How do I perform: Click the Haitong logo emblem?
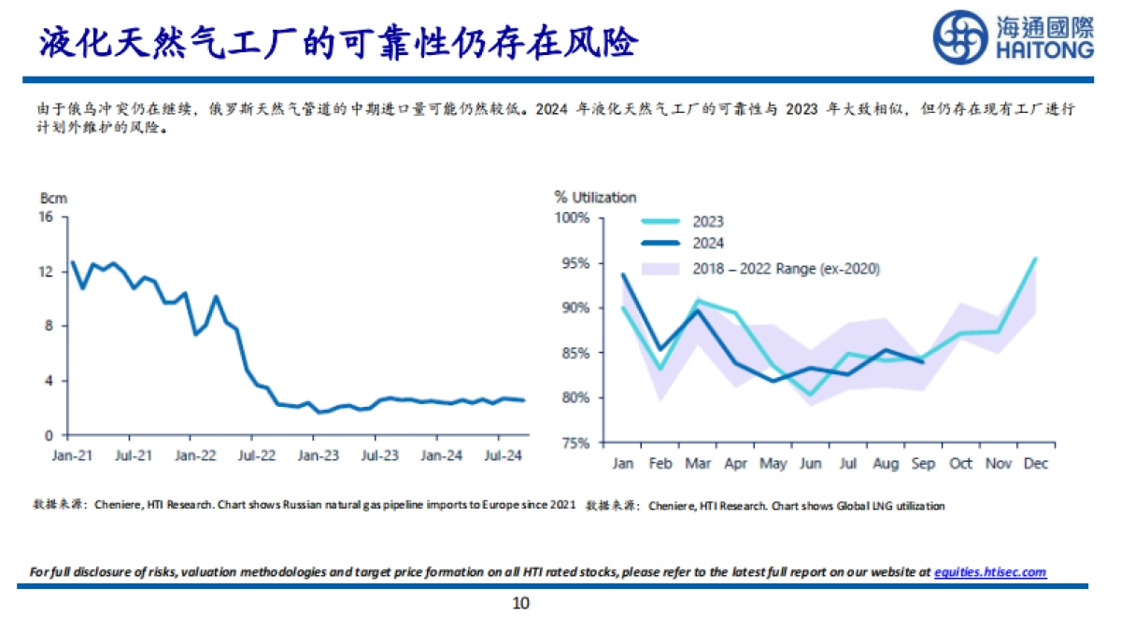(961, 36)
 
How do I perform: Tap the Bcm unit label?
(53, 198)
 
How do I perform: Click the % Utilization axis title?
(595, 197)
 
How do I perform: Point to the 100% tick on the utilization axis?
(573, 217)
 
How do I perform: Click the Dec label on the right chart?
(1035, 463)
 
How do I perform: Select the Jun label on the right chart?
(811, 463)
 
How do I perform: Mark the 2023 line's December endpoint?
(1035, 259)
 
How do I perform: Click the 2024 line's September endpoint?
(923, 362)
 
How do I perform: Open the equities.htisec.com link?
(990, 572)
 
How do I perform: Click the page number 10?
(520, 604)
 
